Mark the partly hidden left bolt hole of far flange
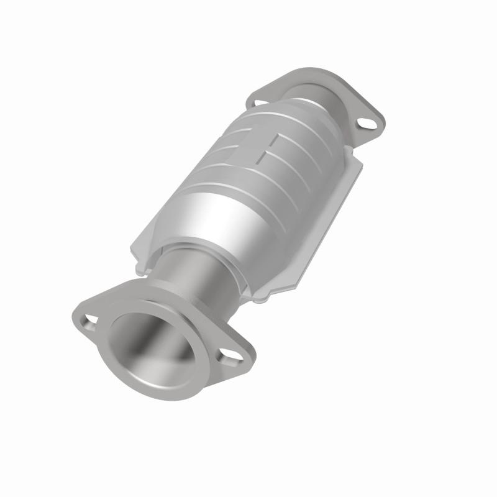point(260,101)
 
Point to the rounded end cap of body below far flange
point(311,118)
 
